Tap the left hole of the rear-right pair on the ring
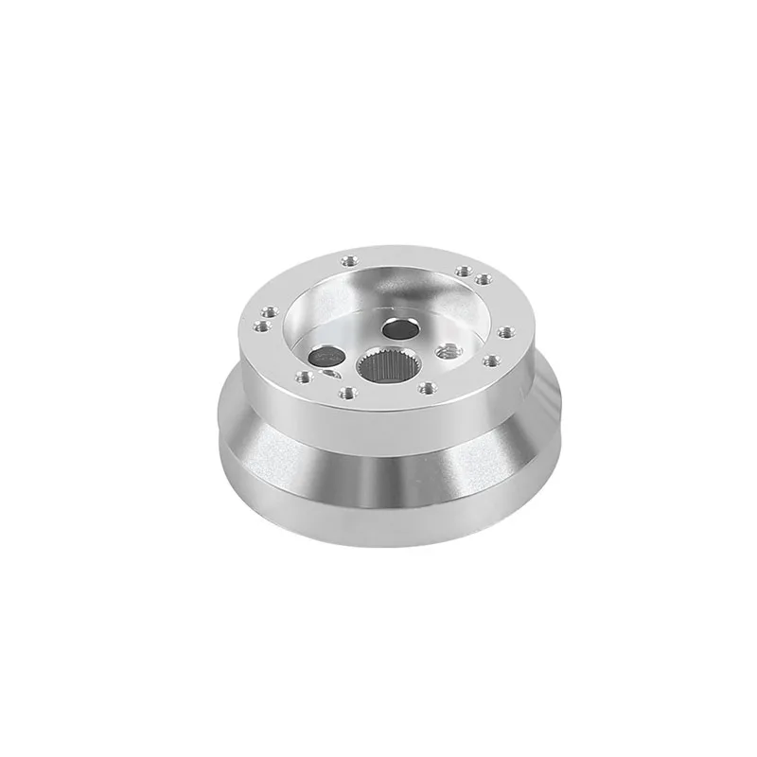click(x=464, y=271)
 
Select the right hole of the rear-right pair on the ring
click(x=484, y=278)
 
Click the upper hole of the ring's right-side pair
click(x=506, y=331)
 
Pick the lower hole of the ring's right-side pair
click(x=492, y=361)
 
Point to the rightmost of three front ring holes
click(x=428, y=386)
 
